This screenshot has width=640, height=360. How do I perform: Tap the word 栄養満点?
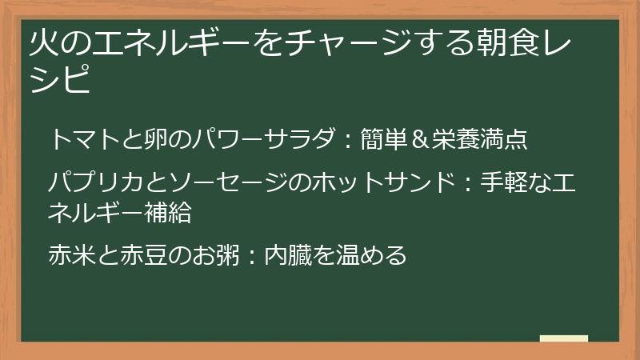480,139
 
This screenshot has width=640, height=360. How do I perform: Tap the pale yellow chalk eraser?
564,338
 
